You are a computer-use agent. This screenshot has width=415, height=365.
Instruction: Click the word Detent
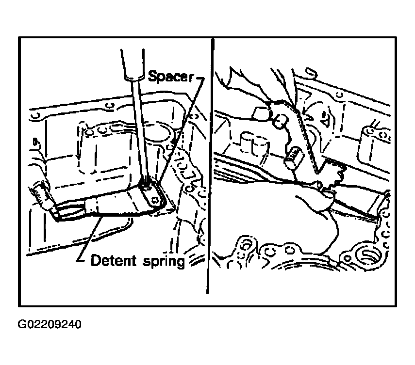(113, 261)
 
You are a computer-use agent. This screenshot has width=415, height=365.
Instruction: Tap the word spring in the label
(164, 262)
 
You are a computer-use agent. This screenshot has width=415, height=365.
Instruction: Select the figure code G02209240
(49, 324)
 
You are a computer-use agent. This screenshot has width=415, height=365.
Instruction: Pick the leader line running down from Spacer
(183, 129)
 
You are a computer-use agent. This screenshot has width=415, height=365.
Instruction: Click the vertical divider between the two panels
(210, 166)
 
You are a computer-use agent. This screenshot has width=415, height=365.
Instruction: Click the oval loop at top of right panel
(311, 73)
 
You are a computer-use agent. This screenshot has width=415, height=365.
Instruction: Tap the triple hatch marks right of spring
(196, 260)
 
